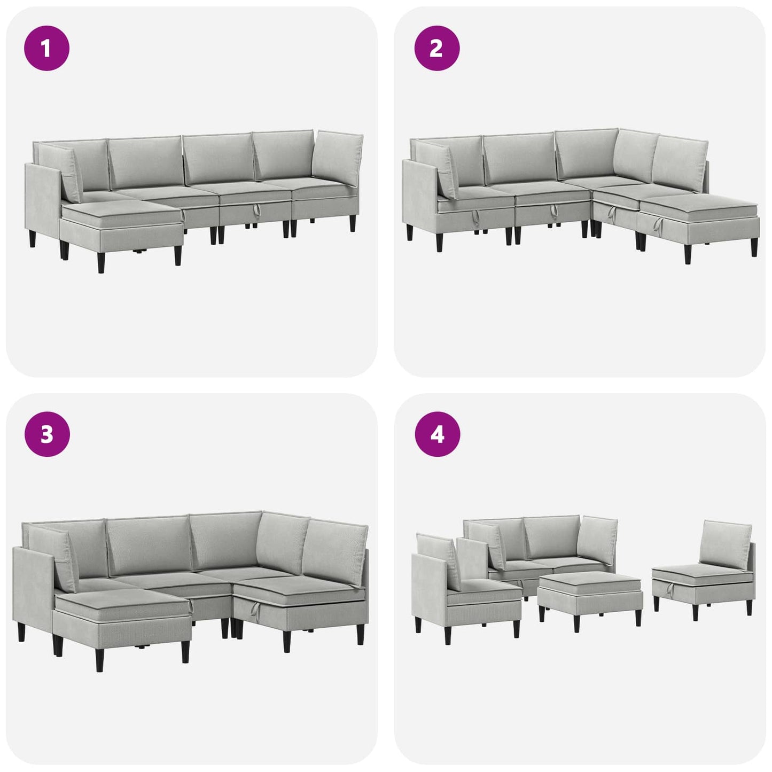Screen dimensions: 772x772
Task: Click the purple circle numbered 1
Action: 47,48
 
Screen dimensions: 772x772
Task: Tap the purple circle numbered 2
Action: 436,48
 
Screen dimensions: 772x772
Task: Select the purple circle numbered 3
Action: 47,434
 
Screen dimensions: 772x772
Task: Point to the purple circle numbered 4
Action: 437,434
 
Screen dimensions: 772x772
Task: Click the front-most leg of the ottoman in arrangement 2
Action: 688,254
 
